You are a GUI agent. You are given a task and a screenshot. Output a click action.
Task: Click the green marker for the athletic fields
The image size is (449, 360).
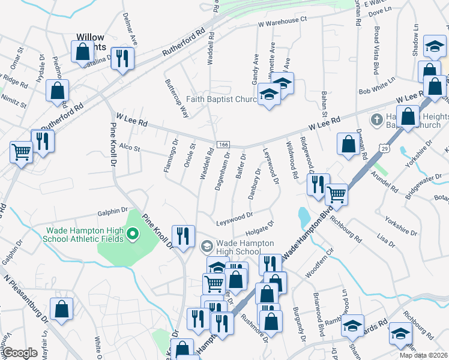pyautogui.click(x=131, y=233)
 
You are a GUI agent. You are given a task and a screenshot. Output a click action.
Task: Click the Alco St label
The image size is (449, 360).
pyautogui.click(x=129, y=147)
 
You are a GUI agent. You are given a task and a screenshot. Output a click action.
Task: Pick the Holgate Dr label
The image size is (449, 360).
pyautogui.click(x=259, y=227)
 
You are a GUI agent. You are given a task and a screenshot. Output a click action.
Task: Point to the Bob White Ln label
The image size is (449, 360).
pyautogui.click(x=377, y=85)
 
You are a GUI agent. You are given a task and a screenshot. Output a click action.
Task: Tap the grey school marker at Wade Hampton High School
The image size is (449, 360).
pyautogui.click(x=206, y=246)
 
